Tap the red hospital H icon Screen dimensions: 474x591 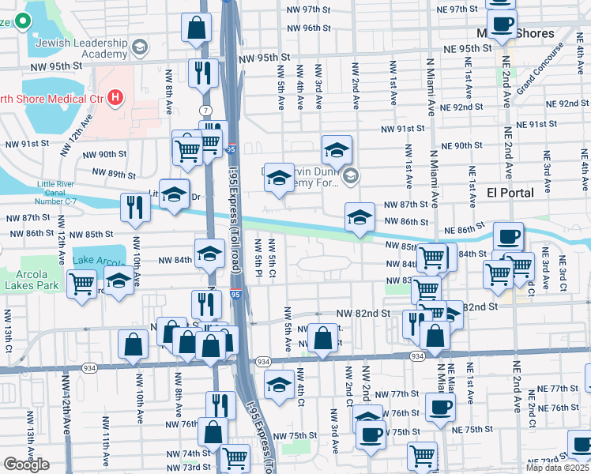(x=116, y=98)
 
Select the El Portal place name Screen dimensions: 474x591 (x=510, y=193)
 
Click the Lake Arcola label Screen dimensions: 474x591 (x=98, y=261)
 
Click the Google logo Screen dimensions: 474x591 (x=26, y=465)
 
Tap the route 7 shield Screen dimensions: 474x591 (x=206, y=108)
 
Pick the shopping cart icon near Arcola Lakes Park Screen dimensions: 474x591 (x=82, y=283)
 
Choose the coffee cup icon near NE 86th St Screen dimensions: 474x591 (x=508, y=235)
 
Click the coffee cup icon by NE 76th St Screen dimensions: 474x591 (x=440, y=407)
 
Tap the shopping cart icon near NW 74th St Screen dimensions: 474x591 (x=235, y=457)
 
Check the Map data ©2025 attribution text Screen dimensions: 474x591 (x=557, y=468)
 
